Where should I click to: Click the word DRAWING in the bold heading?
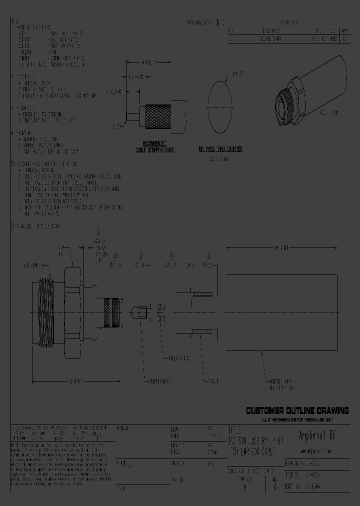[x=332, y=411]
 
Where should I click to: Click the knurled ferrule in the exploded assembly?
[x=111, y=312]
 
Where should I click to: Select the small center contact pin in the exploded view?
[x=139, y=313]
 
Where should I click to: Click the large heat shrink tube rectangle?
[x=285, y=313]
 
